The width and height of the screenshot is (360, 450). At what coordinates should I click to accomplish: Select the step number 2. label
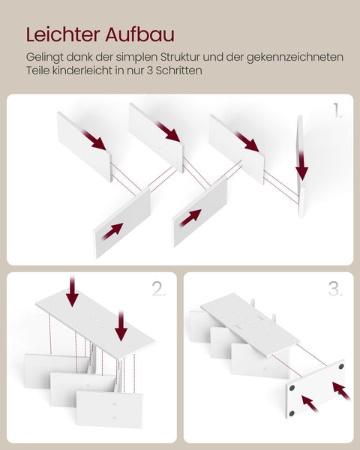[159, 289]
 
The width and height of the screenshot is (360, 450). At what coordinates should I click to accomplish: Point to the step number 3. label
[336, 289]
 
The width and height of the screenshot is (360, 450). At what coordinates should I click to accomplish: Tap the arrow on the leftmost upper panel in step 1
[94, 140]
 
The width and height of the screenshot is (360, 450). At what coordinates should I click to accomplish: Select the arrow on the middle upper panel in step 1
[169, 133]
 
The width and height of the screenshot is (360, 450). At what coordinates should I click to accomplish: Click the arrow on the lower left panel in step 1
[112, 230]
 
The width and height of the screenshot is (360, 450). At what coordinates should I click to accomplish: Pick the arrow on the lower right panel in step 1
[190, 217]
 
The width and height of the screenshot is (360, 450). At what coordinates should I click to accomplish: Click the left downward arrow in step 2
[72, 292]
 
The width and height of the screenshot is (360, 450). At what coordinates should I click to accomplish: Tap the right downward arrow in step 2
[120, 326]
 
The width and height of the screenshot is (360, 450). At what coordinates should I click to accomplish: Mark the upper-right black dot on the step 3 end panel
[339, 368]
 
